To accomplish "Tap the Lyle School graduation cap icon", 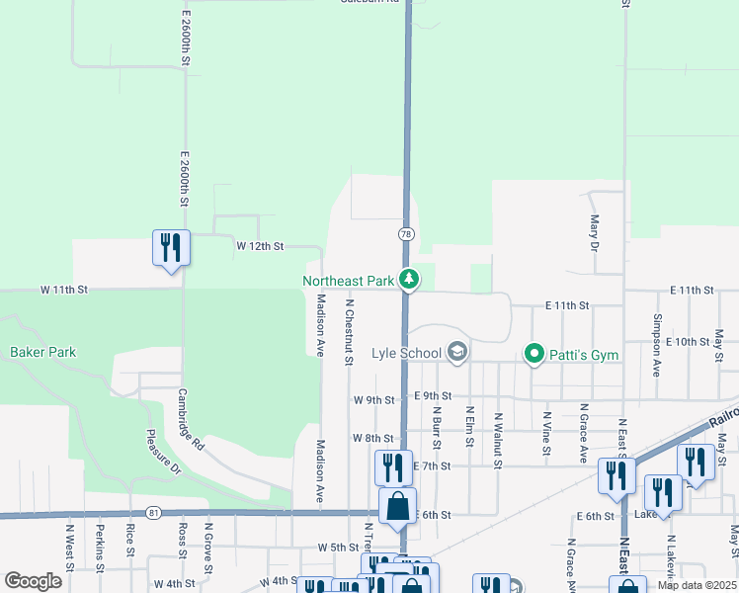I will [x=456, y=352].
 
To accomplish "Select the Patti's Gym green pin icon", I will [x=534, y=353].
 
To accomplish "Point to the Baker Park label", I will [x=43, y=352].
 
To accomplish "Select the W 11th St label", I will [x=64, y=290].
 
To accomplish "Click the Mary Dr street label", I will [x=594, y=233].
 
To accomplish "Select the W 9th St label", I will [x=373, y=400].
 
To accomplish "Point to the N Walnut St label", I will [x=499, y=440].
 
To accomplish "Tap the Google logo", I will [x=33, y=581].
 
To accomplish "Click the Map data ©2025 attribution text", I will [x=696, y=585].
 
